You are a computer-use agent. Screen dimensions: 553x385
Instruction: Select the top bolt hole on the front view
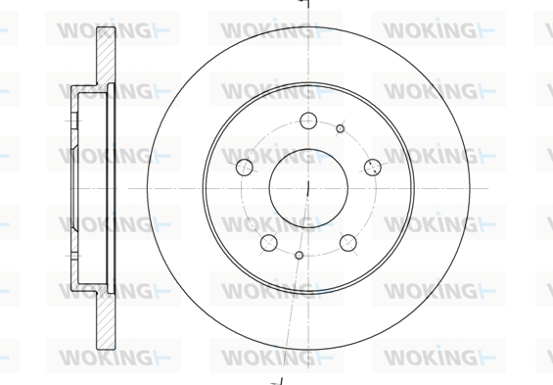coord(308,121)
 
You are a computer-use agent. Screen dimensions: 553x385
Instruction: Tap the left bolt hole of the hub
coord(245,168)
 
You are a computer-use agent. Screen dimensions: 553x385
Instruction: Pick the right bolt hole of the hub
coord(373,168)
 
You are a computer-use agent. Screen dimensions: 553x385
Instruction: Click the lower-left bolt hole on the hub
coord(269,243)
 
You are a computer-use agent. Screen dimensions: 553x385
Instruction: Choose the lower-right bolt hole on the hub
coord(348,243)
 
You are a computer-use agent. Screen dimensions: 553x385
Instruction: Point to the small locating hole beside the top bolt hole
coord(340,128)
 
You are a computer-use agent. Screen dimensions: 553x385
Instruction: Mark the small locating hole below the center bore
coord(300,255)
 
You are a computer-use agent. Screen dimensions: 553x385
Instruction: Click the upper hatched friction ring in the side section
coord(106,56)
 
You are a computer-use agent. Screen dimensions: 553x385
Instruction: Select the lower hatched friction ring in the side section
coord(106,320)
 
